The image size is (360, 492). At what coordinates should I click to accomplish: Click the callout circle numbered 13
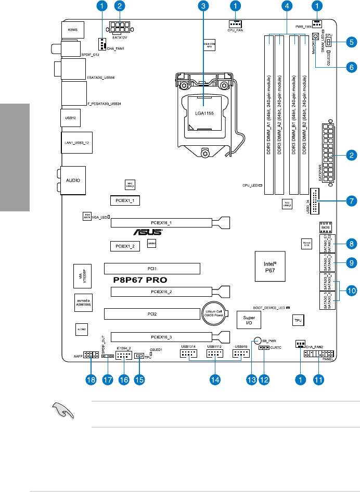pos(252,380)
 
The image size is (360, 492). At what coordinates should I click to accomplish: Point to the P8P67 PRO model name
pos(140,280)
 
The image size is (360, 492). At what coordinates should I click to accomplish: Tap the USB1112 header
pos(215,354)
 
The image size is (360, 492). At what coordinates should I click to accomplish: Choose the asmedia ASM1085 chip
pos(83,303)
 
